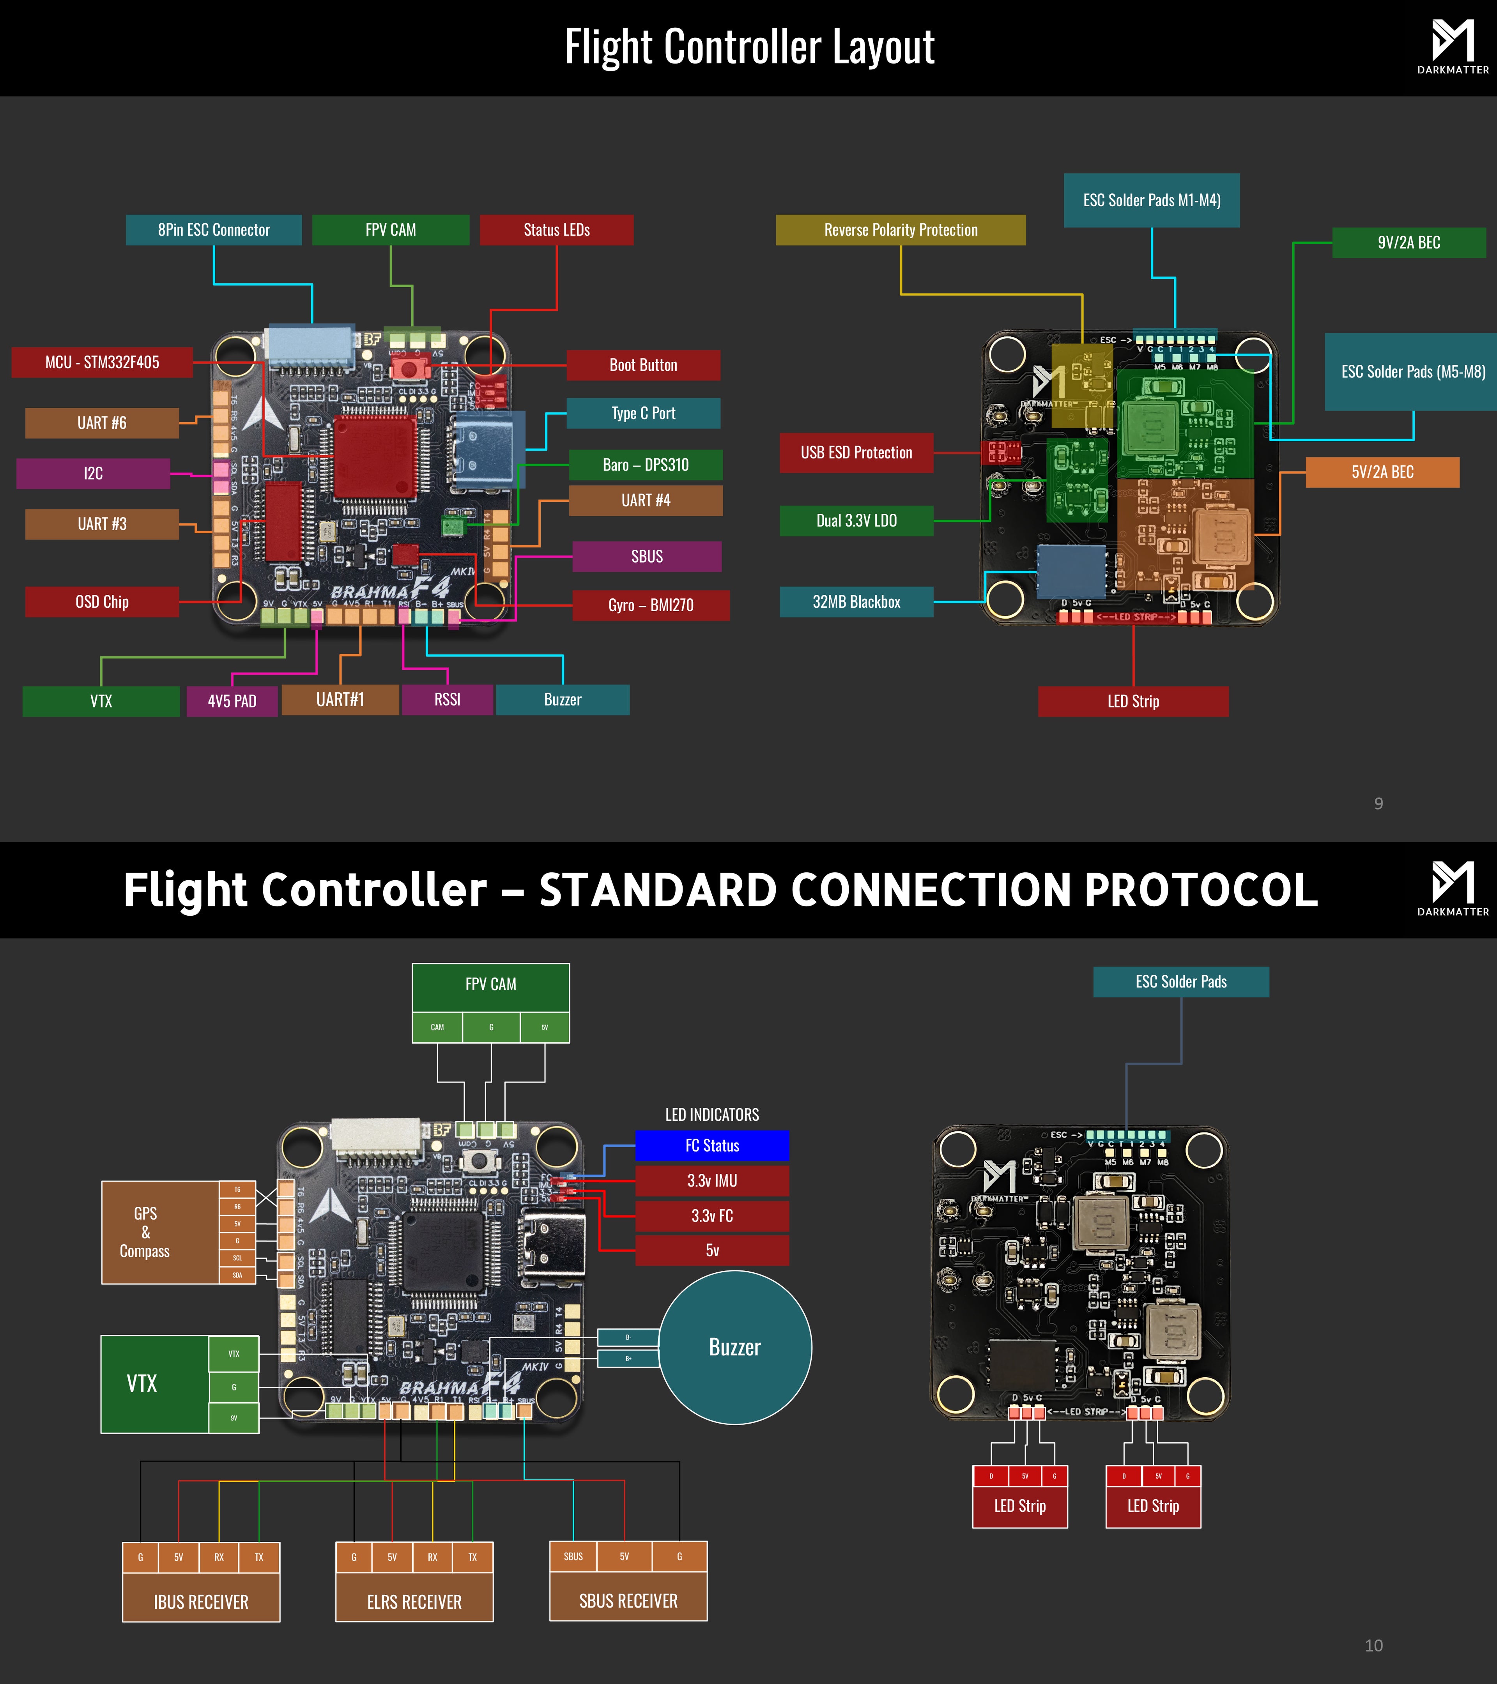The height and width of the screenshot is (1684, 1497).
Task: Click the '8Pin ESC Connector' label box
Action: pos(213,230)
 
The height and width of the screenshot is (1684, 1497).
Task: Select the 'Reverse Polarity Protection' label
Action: pos(901,230)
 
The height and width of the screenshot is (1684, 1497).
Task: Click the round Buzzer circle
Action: pos(735,1347)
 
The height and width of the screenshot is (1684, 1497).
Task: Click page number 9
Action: pos(1378,803)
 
